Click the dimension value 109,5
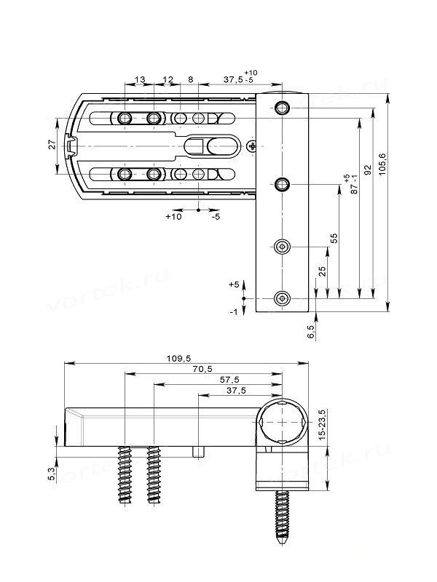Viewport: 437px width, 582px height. click(x=177, y=358)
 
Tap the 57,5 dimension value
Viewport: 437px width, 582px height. click(x=229, y=380)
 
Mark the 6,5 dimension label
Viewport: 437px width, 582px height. click(x=312, y=332)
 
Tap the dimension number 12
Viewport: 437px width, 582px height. click(x=168, y=79)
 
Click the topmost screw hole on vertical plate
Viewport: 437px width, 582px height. click(x=283, y=108)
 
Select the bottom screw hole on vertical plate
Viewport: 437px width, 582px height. click(x=283, y=298)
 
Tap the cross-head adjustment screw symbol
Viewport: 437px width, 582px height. click(x=252, y=147)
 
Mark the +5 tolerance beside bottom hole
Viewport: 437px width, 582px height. click(x=233, y=285)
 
